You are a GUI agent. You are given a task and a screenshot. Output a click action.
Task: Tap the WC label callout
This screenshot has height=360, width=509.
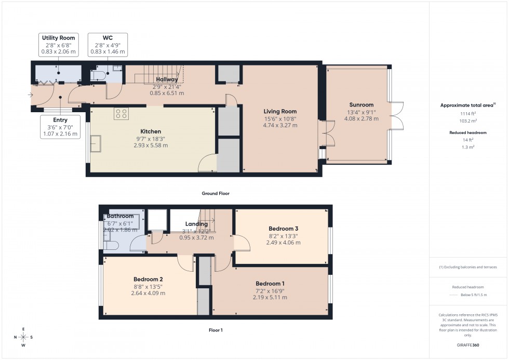tap(108, 45)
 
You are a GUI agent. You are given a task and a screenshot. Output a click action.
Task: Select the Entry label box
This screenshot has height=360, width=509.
tap(60, 127)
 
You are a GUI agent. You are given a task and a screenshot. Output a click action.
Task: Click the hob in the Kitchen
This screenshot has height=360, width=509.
tap(122, 114)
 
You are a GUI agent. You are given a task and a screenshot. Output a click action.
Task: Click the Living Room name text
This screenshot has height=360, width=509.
tap(280, 111)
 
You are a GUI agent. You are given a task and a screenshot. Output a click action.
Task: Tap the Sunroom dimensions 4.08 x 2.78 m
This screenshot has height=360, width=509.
tap(360, 119)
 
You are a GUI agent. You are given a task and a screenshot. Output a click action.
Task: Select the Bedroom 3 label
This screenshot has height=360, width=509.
tap(283, 229)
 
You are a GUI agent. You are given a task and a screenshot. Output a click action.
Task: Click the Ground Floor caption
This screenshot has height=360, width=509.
tap(216, 193)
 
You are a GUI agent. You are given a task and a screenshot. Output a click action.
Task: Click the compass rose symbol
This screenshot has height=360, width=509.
tap(23, 337)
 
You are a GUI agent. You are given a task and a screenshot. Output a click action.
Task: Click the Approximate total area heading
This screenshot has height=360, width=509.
tap(467, 105)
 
